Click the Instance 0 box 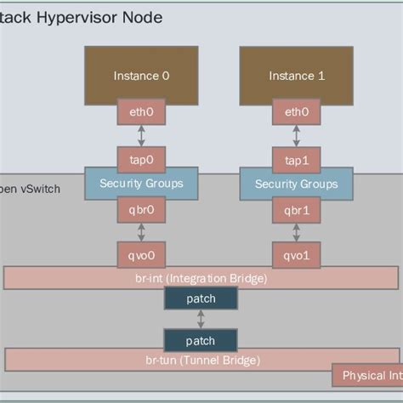[141, 75]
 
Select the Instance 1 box [297, 75]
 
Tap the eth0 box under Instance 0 [141, 112]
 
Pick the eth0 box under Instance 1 [297, 112]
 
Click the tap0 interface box [141, 159]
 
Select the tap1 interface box [297, 159]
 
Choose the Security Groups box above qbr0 [141, 183]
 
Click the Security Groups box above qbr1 [297, 183]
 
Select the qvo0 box [141, 253]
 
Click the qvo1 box [297, 253]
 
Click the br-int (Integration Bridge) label [201, 278]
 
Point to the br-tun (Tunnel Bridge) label [201, 360]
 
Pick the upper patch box [201, 298]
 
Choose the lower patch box [201, 340]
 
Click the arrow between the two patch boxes [201, 320]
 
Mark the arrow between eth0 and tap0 [141, 135]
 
